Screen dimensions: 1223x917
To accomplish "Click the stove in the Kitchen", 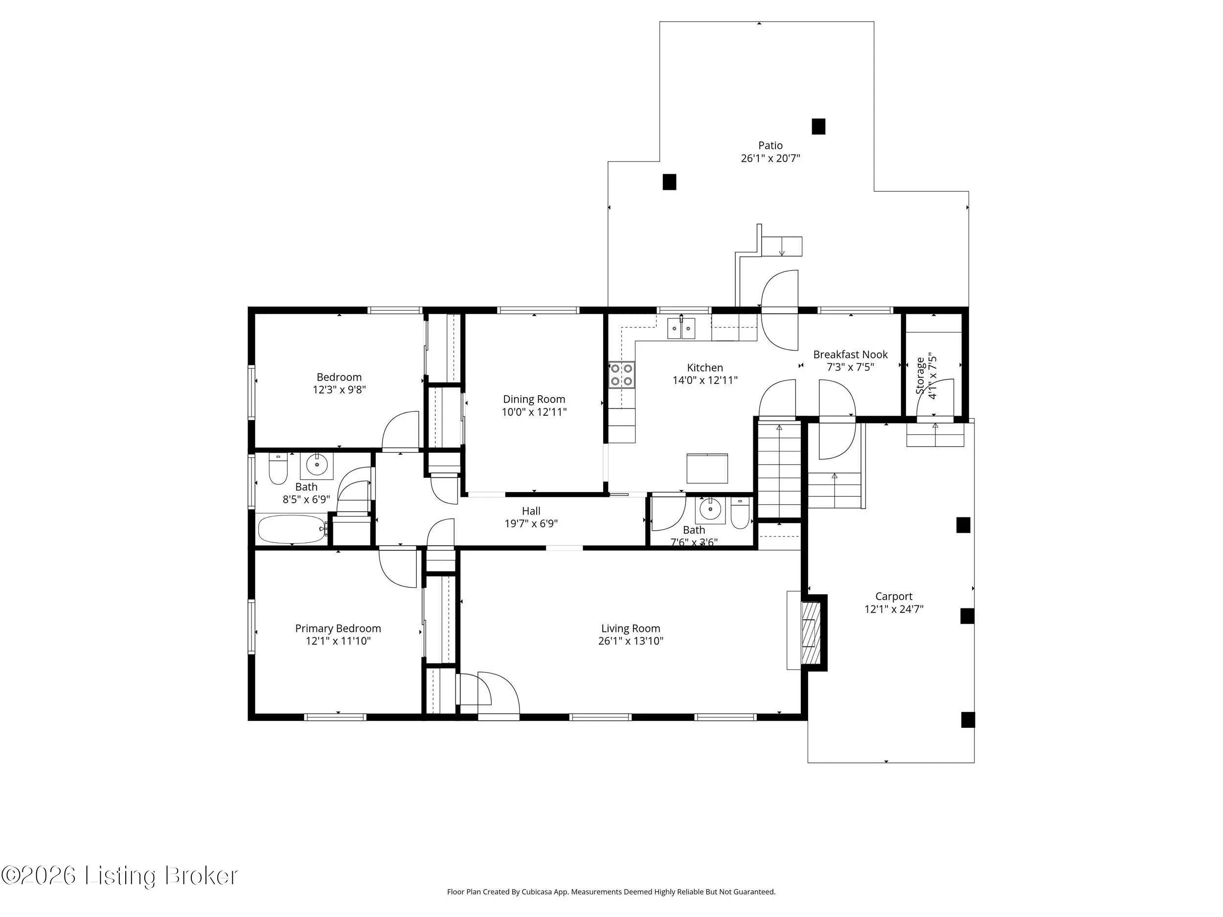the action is pyautogui.click(x=621, y=374).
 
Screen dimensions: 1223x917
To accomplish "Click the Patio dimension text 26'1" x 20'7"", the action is pyautogui.click(x=770, y=158).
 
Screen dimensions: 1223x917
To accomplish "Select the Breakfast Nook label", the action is pyautogui.click(x=850, y=354).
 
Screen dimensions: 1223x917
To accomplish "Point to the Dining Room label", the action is pyautogui.click(x=534, y=399).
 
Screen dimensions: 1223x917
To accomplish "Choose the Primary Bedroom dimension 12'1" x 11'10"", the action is pyautogui.click(x=338, y=641).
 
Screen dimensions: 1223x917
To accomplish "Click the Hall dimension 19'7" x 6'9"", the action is pyautogui.click(x=531, y=523).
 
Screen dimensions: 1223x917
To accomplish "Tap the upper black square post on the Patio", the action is pyautogui.click(x=818, y=127).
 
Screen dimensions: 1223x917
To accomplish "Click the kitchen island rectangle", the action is pyautogui.click(x=707, y=468).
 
